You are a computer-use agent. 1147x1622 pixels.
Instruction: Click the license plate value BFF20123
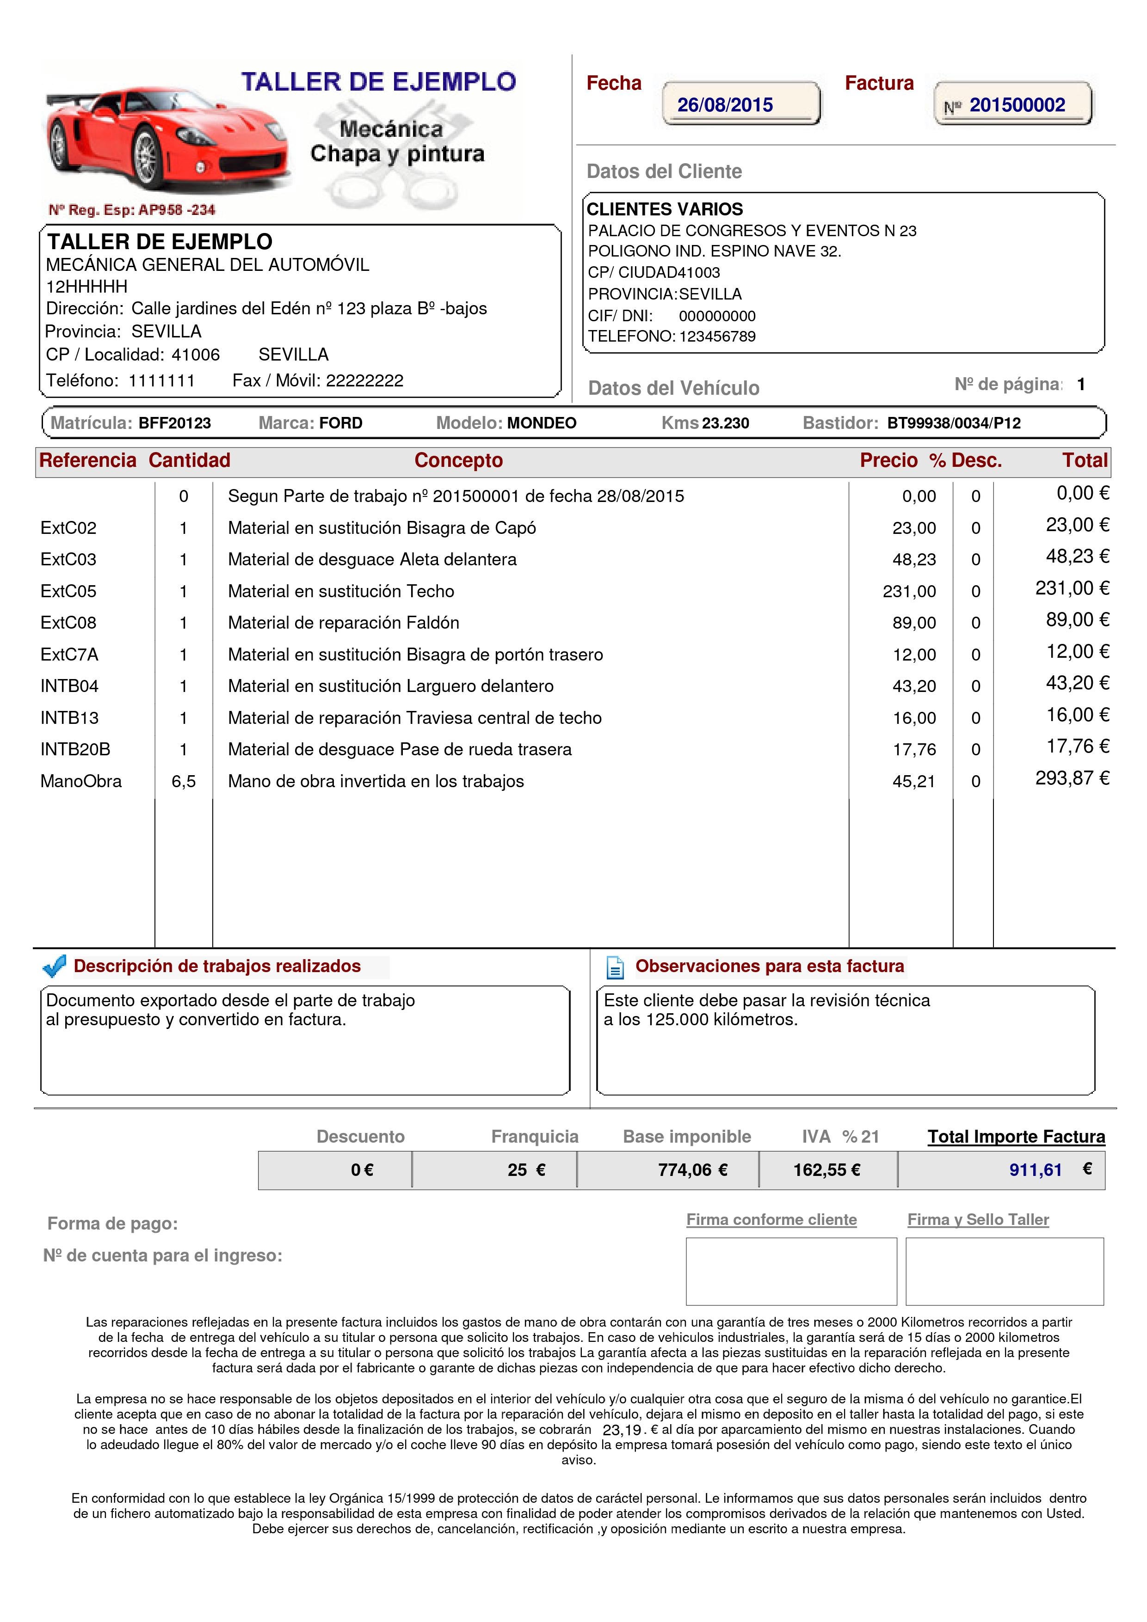(x=174, y=423)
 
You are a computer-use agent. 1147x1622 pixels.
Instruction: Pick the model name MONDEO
(x=541, y=423)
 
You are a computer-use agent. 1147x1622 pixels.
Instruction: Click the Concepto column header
(x=458, y=460)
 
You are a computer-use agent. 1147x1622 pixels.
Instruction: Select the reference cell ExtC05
(x=68, y=591)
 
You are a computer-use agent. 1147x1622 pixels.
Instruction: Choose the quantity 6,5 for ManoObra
(x=183, y=781)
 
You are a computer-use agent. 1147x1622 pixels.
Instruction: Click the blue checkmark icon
(x=55, y=966)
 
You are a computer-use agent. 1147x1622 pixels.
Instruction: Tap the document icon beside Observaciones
(x=615, y=967)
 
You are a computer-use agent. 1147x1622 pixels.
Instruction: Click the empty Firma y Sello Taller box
(x=1004, y=1271)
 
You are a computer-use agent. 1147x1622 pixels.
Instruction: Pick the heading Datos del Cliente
(x=664, y=171)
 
